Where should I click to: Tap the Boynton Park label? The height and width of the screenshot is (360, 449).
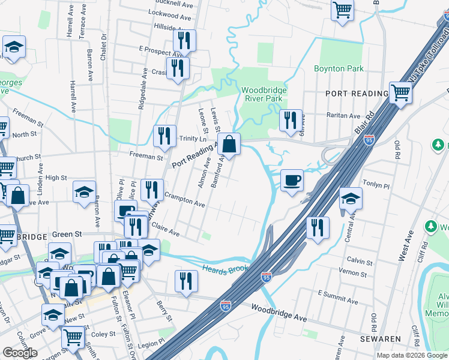339,68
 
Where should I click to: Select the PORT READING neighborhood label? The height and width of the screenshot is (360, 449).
357,94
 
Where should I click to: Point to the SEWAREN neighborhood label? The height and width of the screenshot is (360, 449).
380,339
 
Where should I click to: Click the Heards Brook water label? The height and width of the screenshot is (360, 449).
225,268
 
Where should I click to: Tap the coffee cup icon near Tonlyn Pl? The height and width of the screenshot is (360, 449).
292,179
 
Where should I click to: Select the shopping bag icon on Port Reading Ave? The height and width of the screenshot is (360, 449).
229,144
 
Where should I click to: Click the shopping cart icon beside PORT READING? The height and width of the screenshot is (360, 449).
400,93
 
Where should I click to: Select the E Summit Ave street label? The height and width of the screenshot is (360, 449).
337,294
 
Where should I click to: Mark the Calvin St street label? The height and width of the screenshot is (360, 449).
360,260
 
